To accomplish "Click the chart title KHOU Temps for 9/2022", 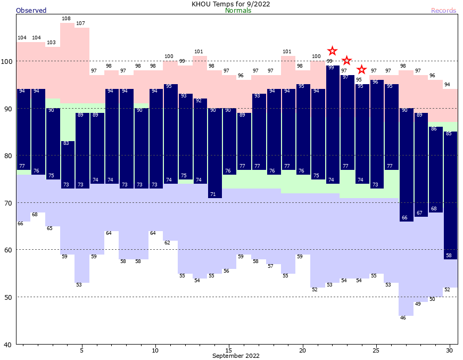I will point(231,4).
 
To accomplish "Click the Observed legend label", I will point(31,10).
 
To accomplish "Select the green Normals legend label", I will point(238,10).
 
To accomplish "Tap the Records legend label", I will point(443,10).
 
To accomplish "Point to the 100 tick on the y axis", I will point(7,61).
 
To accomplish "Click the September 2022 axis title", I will point(236,356).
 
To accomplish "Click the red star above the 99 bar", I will point(332,51).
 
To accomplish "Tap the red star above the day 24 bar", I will point(361,70).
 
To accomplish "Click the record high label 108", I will point(66,19).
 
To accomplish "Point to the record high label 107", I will point(81,23).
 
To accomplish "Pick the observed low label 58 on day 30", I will point(449,256).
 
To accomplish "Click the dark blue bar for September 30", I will point(450,192).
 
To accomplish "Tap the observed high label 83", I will point(66,143).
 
